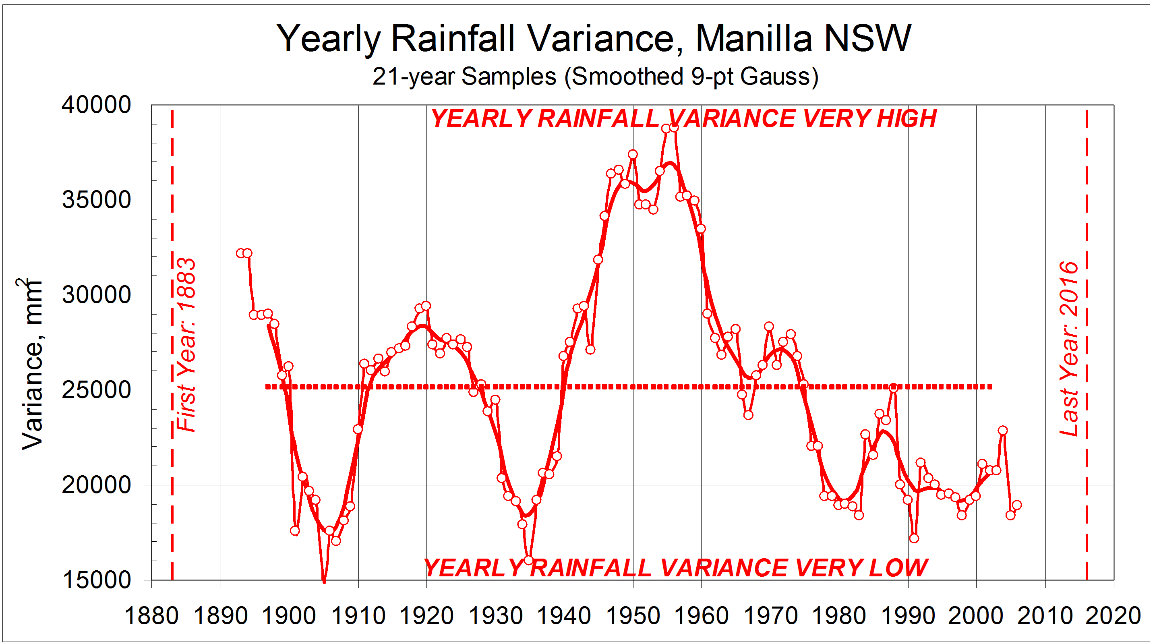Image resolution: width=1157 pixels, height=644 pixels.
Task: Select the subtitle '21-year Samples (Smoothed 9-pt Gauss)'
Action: point(595,77)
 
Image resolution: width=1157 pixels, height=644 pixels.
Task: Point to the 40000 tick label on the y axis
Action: point(96,105)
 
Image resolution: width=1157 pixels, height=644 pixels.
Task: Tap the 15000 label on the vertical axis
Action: point(96,580)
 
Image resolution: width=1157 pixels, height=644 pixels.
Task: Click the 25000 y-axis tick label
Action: point(96,390)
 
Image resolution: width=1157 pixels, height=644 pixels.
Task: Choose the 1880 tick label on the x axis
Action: point(151,615)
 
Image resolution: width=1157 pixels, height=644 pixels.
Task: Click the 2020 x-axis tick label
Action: point(1113,615)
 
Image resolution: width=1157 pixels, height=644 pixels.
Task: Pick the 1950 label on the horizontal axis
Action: point(633,615)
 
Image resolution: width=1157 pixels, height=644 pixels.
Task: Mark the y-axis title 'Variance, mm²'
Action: point(32,364)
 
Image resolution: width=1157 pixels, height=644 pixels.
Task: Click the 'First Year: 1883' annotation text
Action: point(186,345)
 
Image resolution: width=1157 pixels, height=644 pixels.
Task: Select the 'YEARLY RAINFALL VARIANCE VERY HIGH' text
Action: point(683,118)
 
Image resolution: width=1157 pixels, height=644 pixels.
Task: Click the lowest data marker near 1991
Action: point(914,538)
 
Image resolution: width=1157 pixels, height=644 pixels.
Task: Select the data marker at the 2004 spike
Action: point(1002,430)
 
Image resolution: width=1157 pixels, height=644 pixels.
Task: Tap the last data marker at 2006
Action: point(1017,505)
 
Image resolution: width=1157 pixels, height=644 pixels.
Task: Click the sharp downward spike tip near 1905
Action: point(324,582)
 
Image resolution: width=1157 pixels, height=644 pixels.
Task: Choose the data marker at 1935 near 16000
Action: point(529,560)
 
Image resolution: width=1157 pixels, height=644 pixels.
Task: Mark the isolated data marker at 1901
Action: point(295,530)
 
